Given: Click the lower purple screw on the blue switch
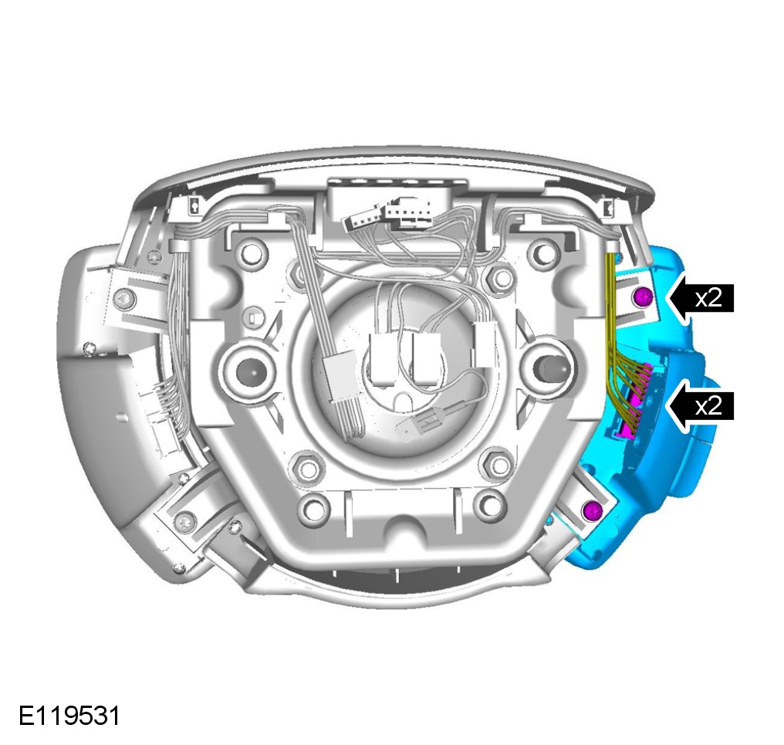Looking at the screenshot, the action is (593, 510).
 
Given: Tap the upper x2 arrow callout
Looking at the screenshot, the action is (700, 298).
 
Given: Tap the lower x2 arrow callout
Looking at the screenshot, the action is (700, 405).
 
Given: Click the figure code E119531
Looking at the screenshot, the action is (69, 716).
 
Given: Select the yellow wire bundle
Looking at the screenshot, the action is (623, 345).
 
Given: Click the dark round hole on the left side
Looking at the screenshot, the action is (248, 371).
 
